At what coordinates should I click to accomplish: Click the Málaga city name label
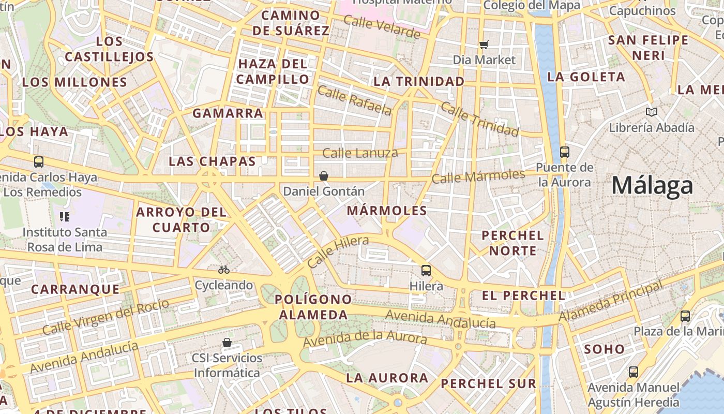tap(652, 185)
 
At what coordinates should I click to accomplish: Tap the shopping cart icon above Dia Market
tap(484, 45)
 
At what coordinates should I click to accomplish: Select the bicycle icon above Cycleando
tap(224, 270)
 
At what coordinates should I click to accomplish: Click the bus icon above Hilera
tap(426, 270)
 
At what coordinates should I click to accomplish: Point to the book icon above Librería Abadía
tap(652, 112)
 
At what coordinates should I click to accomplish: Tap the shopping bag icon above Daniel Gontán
tap(324, 176)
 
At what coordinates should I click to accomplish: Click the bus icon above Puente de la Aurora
tap(565, 152)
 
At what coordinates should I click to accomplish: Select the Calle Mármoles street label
tap(478, 176)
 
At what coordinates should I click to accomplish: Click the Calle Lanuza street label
tap(360, 153)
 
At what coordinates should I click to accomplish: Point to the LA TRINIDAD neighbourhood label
tap(419, 81)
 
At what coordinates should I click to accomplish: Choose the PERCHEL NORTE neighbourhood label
tap(512, 243)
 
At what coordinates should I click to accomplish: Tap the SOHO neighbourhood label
tap(605, 349)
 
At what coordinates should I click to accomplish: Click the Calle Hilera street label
tap(338, 252)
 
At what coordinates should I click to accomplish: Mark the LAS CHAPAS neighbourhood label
tap(212, 161)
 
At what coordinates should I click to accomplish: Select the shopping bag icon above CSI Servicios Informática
tap(227, 343)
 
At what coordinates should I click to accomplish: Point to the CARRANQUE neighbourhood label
tap(76, 289)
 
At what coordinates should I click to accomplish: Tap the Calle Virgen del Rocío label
tap(105, 316)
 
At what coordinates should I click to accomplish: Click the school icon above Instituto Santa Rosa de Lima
tap(65, 216)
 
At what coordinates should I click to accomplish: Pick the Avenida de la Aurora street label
tap(365, 339)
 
